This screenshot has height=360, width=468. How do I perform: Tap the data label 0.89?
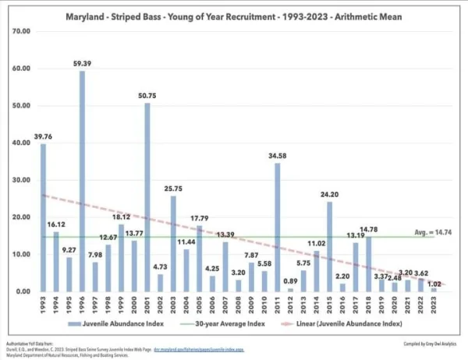pos(290,281)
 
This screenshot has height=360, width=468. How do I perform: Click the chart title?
pos(232,16)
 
